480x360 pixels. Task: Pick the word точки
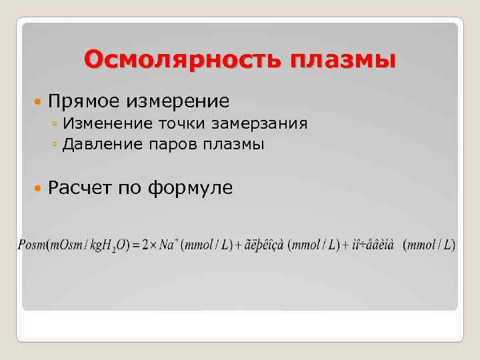182,123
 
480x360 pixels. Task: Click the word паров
171,144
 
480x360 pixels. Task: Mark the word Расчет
81,188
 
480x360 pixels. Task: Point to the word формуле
190,188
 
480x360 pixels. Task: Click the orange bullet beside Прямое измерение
38,102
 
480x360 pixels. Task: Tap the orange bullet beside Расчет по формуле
38,189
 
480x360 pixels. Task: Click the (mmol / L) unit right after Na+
208,245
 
